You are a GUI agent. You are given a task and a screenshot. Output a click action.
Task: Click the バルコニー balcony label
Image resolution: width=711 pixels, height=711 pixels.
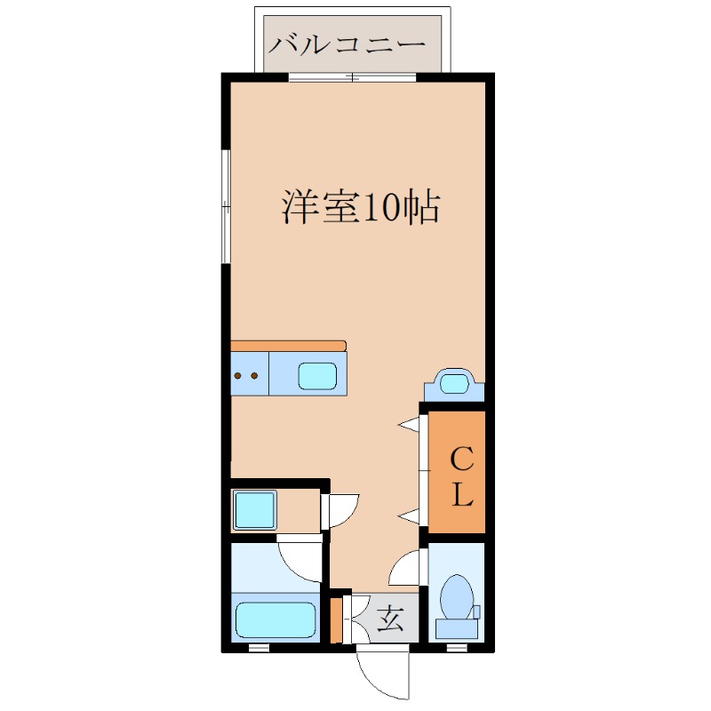coord(348,43)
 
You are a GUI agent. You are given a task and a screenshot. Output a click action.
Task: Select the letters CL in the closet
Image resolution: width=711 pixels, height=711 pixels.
coord(460,477)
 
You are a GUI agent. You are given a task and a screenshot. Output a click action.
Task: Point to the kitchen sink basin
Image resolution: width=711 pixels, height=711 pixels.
coord(317,376)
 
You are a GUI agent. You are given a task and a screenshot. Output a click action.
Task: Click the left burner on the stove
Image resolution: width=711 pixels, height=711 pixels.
coord(238,376)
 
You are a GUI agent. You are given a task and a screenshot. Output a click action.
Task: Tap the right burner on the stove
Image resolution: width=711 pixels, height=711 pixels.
coord(254,376)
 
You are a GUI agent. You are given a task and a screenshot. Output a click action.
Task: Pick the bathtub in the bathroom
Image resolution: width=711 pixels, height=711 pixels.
coord(276,619)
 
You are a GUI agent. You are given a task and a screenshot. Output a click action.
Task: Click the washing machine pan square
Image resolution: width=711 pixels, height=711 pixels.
coord(255,509)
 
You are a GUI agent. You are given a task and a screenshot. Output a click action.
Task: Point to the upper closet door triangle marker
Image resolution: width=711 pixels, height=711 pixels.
coord(409,425)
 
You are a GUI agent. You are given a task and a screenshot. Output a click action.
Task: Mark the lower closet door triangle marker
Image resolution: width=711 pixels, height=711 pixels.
coord(409,515)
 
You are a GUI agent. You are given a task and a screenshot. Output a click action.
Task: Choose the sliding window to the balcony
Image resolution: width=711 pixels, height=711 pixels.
coord(353,78)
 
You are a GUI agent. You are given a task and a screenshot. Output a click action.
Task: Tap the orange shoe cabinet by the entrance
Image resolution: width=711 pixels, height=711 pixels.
coord(336,620)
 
